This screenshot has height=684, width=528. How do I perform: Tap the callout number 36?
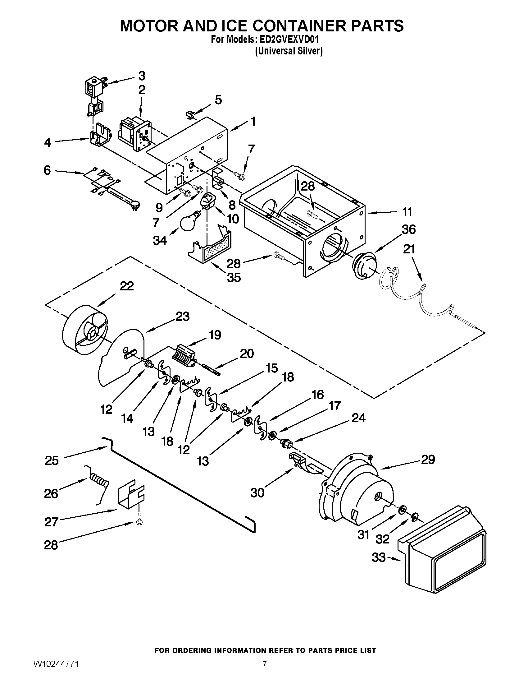[408, 229]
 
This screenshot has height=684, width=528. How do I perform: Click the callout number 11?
[407, 212]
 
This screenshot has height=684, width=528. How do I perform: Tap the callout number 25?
[52, 461]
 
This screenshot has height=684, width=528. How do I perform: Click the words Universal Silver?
[289, 51]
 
